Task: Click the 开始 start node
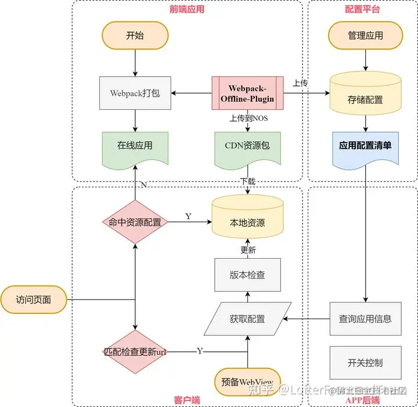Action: [x=135, y=35]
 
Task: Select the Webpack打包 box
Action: [x=135, y=93]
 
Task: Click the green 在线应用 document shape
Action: [x=135, y=146]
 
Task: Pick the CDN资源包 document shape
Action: [x=247, y=146]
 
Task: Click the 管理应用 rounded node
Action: [x=365, y=35]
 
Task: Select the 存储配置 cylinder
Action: [x=365, y=98]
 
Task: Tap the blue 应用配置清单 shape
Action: [x=365, y=146]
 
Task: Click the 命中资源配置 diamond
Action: [x=135, y=222]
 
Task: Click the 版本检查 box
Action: [x=247, y=275]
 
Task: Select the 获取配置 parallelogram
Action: [x=247, y=319]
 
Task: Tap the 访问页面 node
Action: [x=34, y=300]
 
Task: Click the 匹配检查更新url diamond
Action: [x=135, y=352]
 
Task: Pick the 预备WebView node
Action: [x=247, y=382]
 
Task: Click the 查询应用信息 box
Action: [x=365, y=319]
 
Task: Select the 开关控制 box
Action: [x=365, y=363]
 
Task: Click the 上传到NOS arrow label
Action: [x=248, y=118]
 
